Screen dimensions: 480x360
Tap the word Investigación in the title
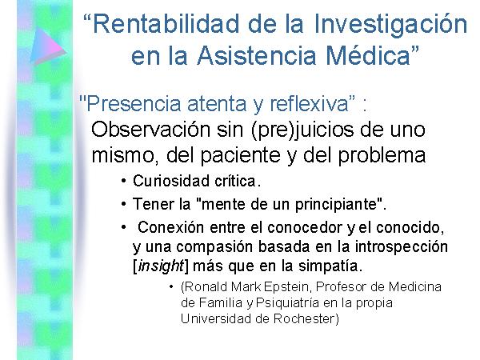(390, 25)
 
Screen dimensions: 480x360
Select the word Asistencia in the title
(256, 55)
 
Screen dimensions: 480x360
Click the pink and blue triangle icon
(47, 46)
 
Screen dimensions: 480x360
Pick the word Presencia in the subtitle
(134, 104)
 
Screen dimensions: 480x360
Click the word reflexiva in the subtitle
(309, 103)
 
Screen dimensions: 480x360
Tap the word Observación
(151, 130)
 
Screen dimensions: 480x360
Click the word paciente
(240, 155)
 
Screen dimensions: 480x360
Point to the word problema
(382, 155)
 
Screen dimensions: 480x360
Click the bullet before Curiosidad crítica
(123, 181)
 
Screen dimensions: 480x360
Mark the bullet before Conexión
(123, 227)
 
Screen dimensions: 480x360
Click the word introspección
(402, 247)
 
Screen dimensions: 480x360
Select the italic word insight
(161, 266)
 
